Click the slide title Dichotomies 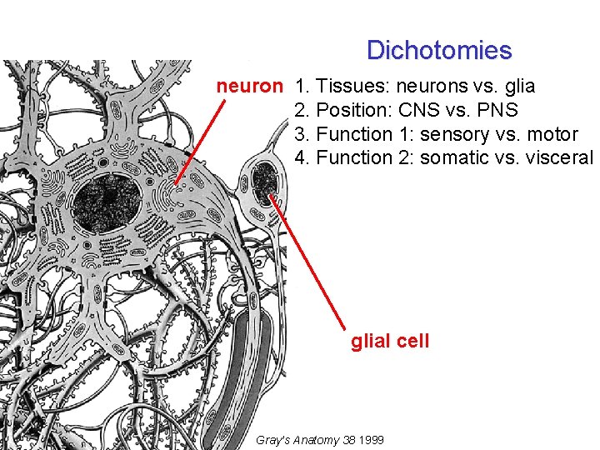(x=438, y=50)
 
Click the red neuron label (x=250, y=86)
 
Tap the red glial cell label (x=390, y=340)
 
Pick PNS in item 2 (x=498, y=110)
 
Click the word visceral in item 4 (x=559, y=157)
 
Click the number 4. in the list (x=303, y=157)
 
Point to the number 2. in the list (x=303, y=110)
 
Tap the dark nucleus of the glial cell (x=264, y=182)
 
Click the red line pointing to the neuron (x=200, y=141)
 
